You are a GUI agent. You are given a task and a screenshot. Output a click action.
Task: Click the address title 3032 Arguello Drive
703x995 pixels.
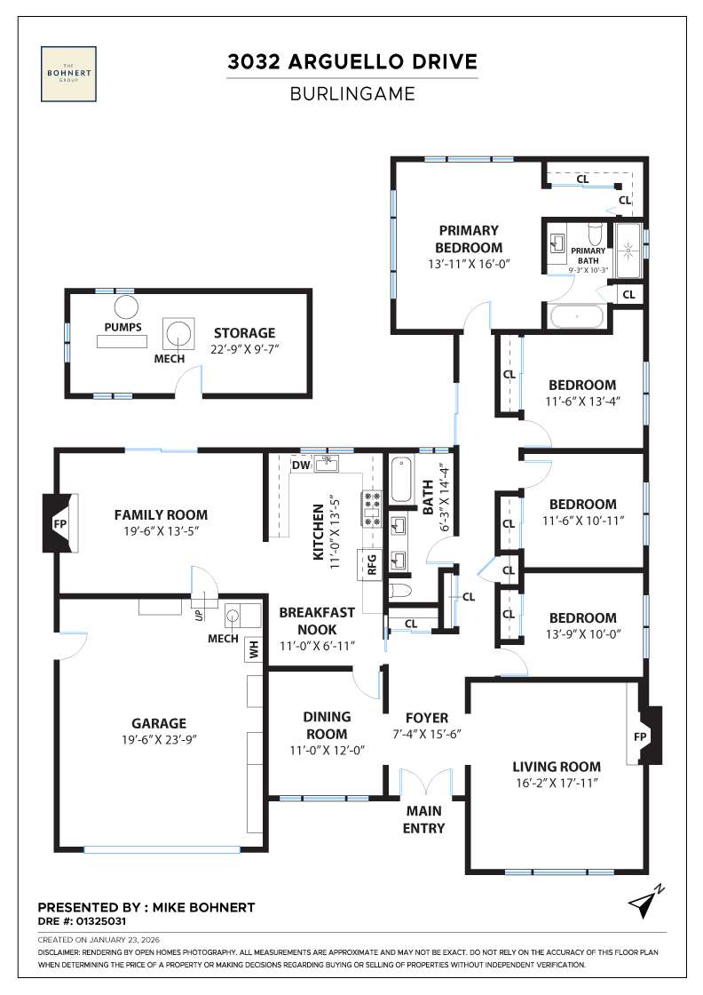click(352, 62)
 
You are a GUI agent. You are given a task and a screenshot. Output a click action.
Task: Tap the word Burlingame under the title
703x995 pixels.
click(352, 92)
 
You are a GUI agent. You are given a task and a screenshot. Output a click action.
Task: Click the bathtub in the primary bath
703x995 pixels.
click(577, 316)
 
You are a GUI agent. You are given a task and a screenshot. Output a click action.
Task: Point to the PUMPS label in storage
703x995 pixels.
click(122, 327)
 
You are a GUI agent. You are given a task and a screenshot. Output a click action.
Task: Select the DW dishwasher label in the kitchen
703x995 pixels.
click(299, 465)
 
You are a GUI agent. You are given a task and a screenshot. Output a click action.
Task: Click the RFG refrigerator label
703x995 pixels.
click(373, 565)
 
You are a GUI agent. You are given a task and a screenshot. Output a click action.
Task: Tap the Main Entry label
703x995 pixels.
click(424, 819)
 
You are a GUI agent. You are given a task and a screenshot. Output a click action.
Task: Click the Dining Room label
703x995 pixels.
click(327, 725)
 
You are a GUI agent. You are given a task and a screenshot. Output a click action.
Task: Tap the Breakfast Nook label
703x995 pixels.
click(317, 620)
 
